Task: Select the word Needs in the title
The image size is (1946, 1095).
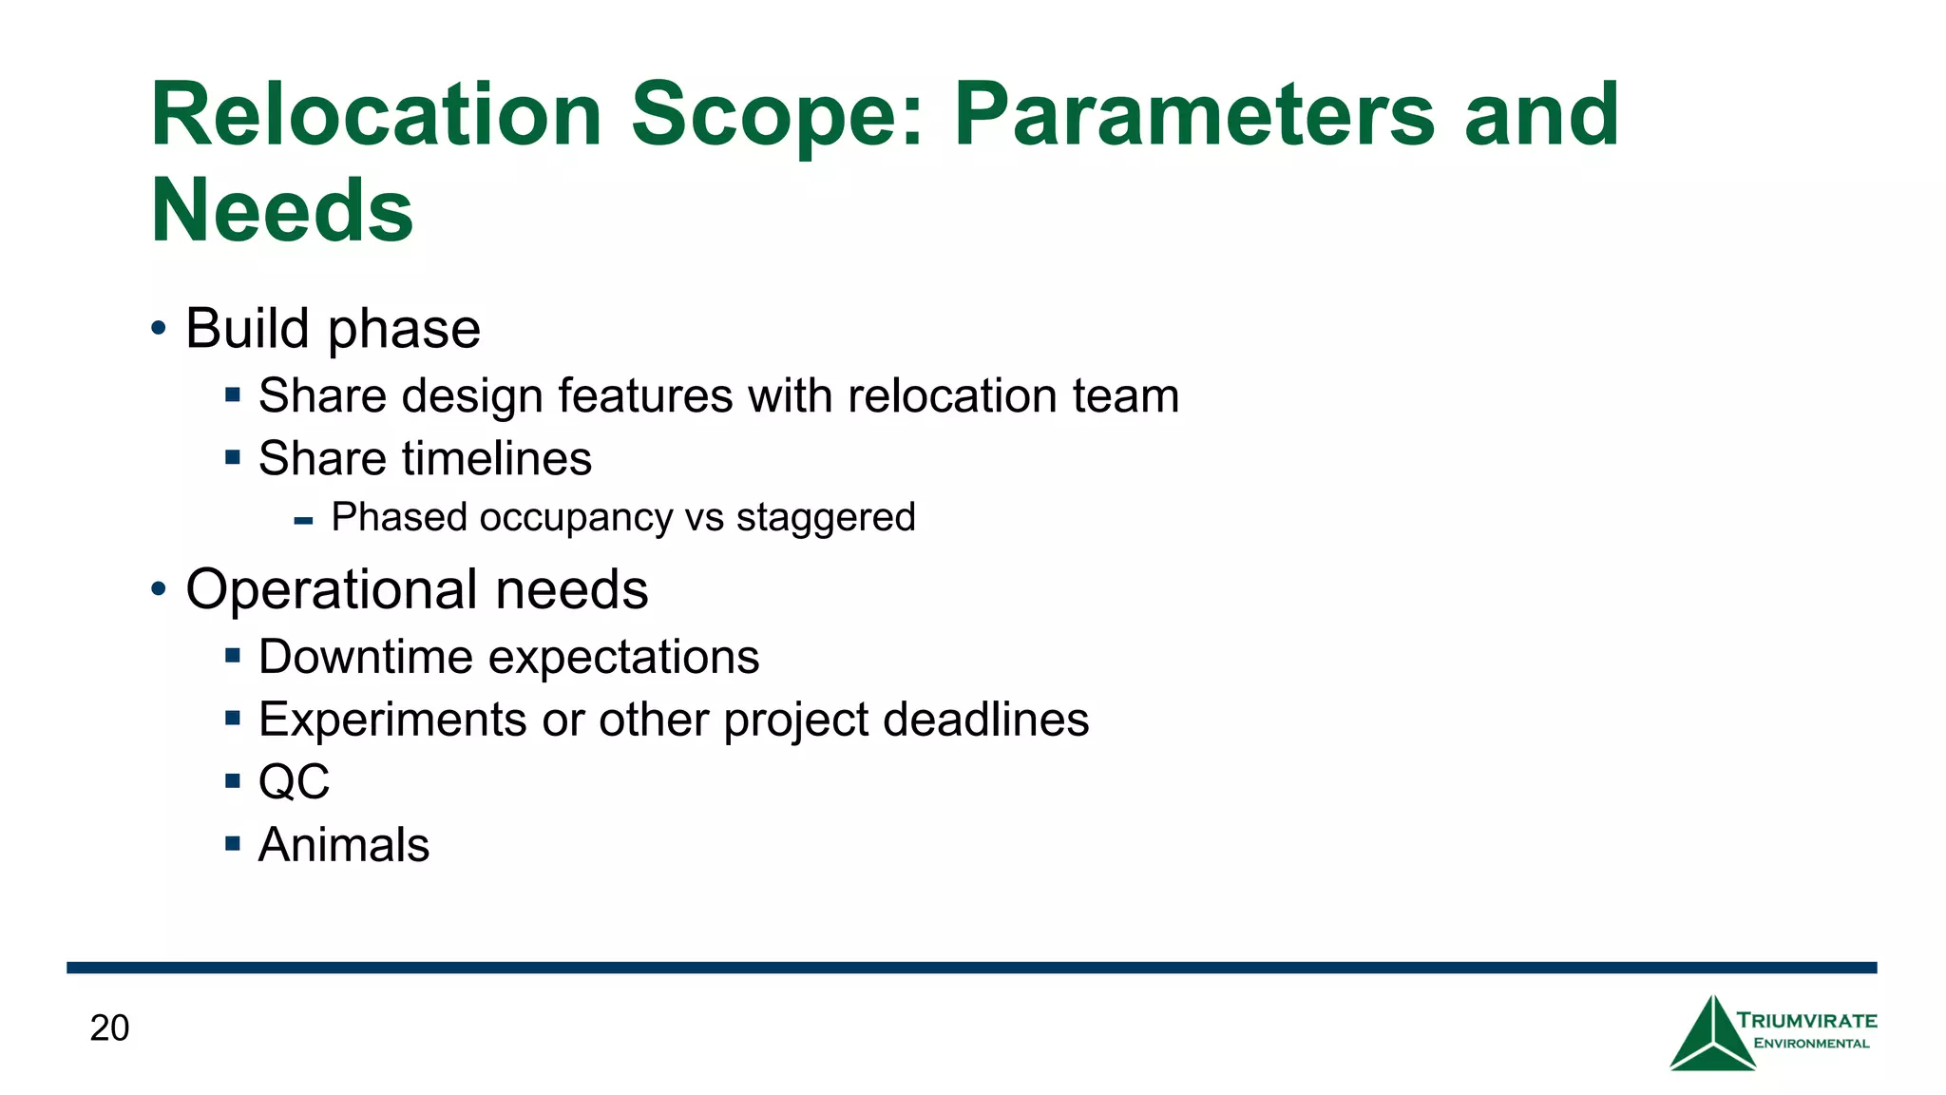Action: (x=282, y=210)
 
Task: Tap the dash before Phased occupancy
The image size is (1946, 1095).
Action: (x=304, y=521)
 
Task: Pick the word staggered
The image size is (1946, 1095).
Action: (x=825, y=517)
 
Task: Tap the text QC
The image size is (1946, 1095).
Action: (x=294, y=782)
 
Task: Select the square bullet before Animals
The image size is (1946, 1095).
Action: (x=233, y=843)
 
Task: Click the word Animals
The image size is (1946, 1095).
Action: (x=344, y=845)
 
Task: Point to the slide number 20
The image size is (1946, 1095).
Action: (x=109, y=1028)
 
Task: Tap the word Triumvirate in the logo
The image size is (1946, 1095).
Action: (x=1806, y=1021)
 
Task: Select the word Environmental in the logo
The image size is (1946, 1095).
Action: (x=1811, y=1044)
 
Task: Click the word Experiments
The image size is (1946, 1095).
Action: (x=392, y=720)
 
